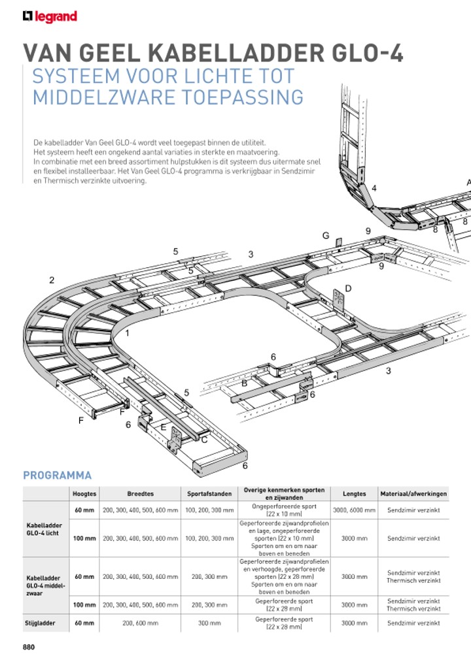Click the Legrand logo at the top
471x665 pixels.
50,16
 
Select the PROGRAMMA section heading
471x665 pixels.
58,475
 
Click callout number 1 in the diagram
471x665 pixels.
127,333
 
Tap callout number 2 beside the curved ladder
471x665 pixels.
52,280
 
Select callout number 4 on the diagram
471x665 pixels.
374,188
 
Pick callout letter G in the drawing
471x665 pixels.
325,236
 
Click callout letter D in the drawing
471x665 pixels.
349,288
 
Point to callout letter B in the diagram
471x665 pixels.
244,383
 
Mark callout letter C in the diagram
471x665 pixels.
204,440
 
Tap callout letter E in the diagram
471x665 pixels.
164,426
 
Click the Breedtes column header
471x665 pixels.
140,494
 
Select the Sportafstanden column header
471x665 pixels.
209,494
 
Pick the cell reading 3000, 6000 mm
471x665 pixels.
354,510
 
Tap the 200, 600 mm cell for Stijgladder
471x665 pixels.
140,623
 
